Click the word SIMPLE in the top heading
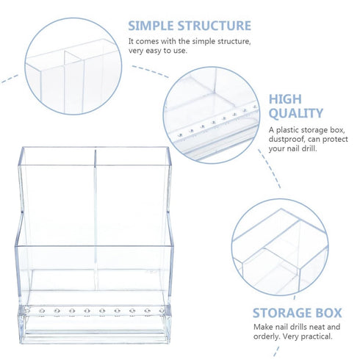151,26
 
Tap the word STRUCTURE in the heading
215,26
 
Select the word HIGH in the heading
285,99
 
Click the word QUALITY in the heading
296,113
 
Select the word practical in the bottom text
317,336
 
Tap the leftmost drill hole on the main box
27,311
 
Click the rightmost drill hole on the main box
162,311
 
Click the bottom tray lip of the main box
95,339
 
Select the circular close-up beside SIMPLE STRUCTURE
73,66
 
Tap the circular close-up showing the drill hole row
212,115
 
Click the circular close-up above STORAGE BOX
280,247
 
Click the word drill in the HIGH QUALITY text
309,148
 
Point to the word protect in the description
335,140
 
